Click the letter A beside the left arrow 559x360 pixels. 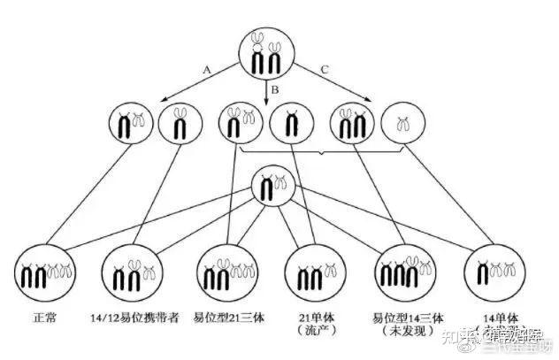(207, 68)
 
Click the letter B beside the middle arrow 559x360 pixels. (275, 88)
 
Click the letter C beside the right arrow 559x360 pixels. (325, 68)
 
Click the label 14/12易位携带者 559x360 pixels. (134, 314)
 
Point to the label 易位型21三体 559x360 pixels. (224, 314)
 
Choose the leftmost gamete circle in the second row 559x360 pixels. (130, 126)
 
